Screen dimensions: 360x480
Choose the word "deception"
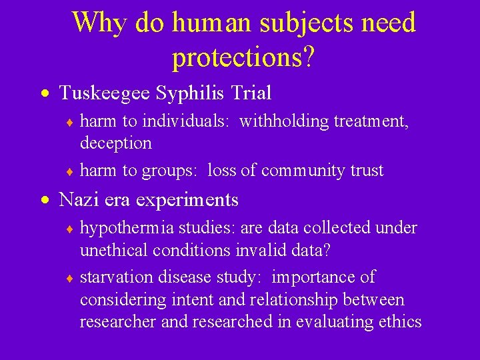(115, 143)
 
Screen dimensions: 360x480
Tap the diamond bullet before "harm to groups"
(70, 171)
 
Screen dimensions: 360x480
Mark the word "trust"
(367, 171)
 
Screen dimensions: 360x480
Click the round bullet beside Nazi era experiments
(45, 199)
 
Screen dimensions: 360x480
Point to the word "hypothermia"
(124, 228)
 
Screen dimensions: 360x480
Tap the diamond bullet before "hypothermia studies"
(70, 229)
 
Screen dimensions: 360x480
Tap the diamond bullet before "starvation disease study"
(70, 277)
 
